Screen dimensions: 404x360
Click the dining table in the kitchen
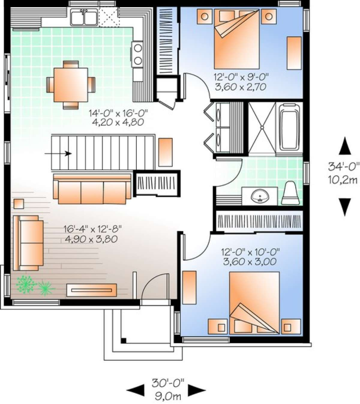[x=70, y=85]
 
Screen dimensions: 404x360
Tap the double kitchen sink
[x=84, y=18]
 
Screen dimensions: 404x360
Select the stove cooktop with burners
[x=137, y=54]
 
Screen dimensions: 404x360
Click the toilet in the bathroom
[x=290, y=194]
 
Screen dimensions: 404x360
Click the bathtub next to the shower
[x=289, y=128]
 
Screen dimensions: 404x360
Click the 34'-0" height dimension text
[x=342, y=167]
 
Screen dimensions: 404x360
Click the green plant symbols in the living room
[x=34, y=285]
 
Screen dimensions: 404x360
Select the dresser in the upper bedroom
[x=294, y=53]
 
